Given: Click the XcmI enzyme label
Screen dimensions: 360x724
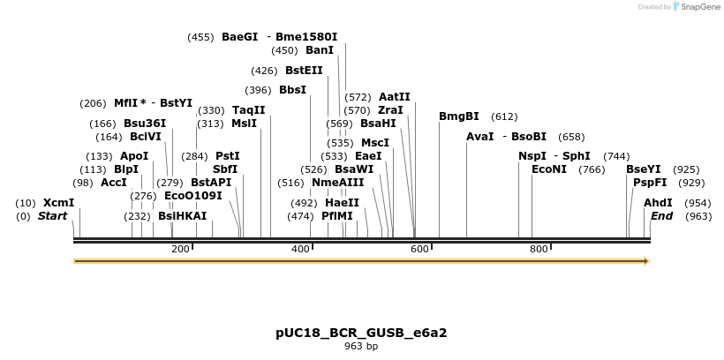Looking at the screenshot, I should (58, 203).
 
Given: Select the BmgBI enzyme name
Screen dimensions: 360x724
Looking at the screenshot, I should (458, 116).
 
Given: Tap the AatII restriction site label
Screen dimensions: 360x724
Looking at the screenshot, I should (394, 97).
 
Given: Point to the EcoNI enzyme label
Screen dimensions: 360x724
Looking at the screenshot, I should (548, 169).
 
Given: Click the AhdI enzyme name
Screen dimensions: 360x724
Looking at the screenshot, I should (658, 203).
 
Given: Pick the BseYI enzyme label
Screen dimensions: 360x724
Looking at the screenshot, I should (643, 169).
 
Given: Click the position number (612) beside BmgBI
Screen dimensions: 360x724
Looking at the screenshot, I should (504, 116).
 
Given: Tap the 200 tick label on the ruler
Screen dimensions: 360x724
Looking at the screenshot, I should (180, 250).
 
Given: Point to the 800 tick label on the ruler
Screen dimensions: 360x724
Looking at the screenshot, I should (539, 250).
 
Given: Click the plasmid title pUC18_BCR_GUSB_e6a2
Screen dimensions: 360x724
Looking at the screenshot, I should (361, 334).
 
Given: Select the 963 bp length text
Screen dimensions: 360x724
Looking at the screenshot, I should (361, 347).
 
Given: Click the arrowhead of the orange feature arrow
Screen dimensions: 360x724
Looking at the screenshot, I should (645, 261).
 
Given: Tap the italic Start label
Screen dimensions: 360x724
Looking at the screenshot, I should (52, 216).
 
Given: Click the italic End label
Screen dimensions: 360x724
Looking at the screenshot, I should (661, 216).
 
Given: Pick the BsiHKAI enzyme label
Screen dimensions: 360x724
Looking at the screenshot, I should (182, 216).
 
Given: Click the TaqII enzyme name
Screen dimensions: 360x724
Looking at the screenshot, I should (248, 110).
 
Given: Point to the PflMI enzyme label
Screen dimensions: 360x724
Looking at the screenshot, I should (337, 216).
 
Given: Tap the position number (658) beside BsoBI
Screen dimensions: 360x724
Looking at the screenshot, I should (571, 137).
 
